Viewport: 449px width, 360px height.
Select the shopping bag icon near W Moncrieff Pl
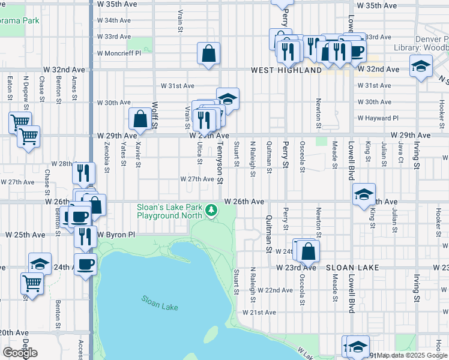pyautogui.click(x=208, y=53)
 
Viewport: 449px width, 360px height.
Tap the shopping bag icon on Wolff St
pyautogui.click(x=140, y=119)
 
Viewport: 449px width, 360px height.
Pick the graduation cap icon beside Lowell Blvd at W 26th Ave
pyautogui.click(x=364, y=195)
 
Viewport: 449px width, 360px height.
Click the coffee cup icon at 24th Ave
pyautogui.click(x=85, y=264)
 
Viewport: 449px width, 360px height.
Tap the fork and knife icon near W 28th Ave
pyautogui.click(x=83, y=173)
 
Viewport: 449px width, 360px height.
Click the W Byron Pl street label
pyautogui.click(x=115, y=234)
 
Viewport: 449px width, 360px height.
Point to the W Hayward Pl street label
pyautogui.click(x=378, y=119)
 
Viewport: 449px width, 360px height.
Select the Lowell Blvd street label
pyautogui.click(x=350, y=160)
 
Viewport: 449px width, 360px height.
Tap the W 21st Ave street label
pyautogui.click(x=259, y=313)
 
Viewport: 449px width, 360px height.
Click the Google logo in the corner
pyautogui.click(x=20, y=353)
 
